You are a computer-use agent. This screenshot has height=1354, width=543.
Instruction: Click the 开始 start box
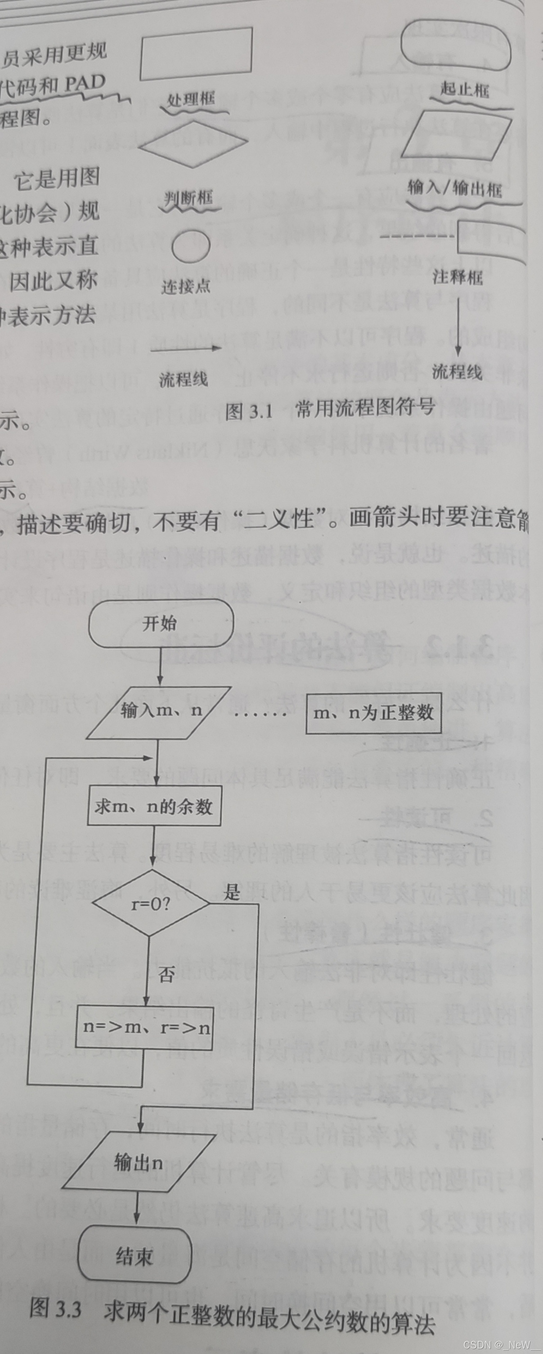pos(161,624)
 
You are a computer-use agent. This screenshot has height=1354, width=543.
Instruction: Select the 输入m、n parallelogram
pos(159,712)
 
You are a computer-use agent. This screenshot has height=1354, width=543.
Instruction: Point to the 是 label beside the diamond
pos(232,892)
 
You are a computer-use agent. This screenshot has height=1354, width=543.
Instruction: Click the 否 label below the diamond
pos(166,975)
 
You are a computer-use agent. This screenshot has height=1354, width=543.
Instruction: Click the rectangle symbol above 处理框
pos(196,53)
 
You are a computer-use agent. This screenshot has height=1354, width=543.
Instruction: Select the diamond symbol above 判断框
pos(193,143)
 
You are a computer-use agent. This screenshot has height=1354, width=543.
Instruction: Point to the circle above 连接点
pos(192,246)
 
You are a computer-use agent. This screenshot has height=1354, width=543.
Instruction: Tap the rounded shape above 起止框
pos(456,45)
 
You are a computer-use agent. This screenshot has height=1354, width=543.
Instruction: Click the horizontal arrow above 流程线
pos(186,348)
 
